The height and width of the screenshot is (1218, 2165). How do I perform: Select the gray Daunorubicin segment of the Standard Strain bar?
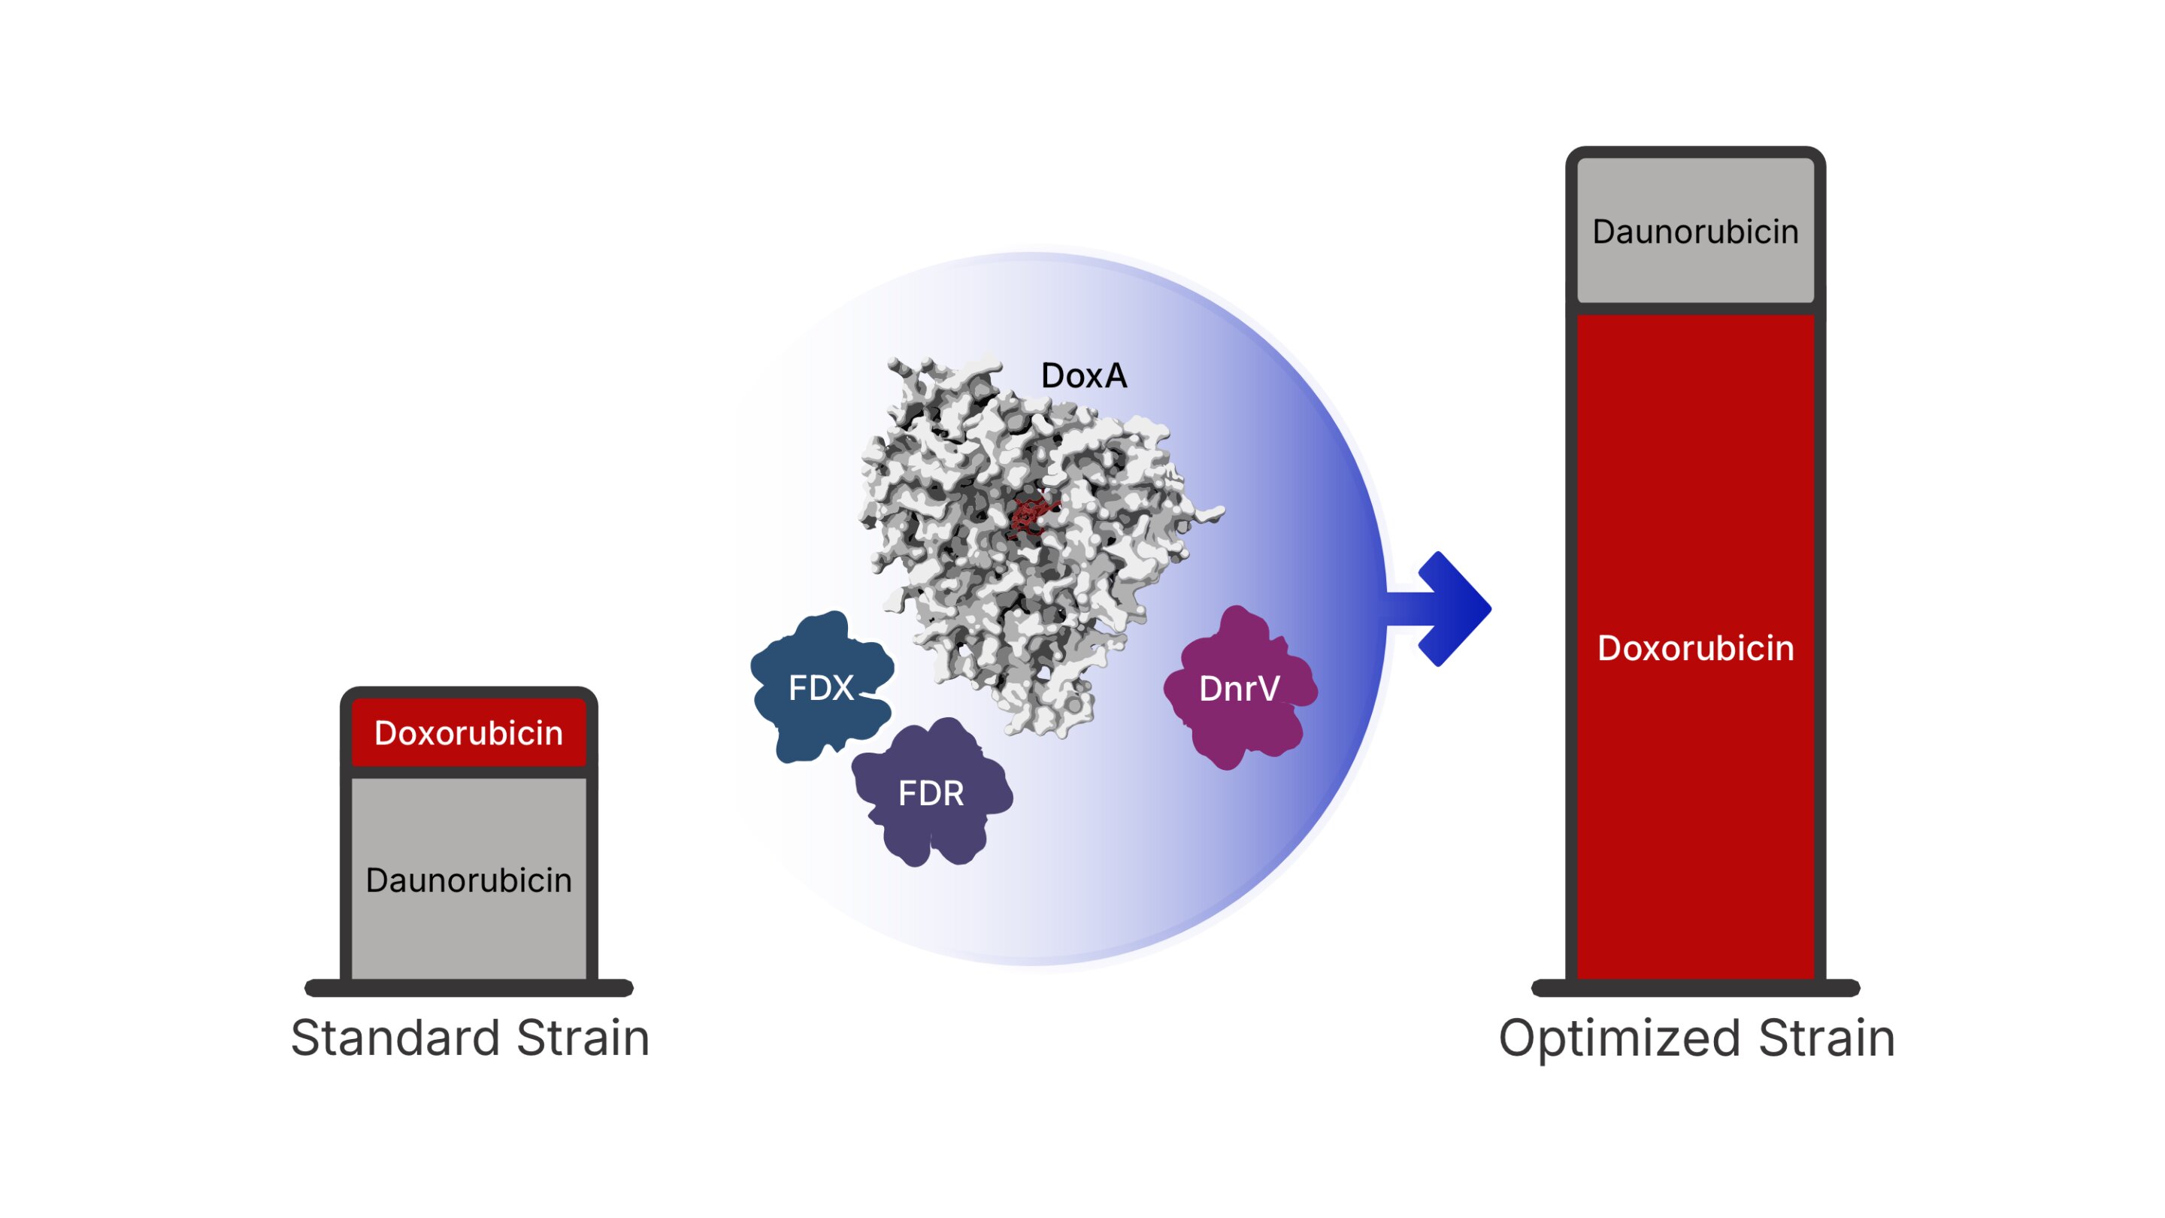(468, 933)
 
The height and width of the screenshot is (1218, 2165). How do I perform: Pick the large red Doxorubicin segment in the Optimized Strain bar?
(1695, 798)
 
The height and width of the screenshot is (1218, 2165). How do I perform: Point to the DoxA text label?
(1083, 376)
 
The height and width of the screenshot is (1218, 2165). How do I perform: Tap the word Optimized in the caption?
(1618, 1038)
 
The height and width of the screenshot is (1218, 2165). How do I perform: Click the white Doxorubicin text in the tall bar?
(1695, 648)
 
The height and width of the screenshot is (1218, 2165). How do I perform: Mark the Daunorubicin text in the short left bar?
(468, 880)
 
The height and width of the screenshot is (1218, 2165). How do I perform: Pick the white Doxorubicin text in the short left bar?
(468, 733)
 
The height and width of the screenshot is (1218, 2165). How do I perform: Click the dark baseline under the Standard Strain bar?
(468, 988)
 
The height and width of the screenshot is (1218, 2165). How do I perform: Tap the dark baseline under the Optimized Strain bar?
(1695, 988)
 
